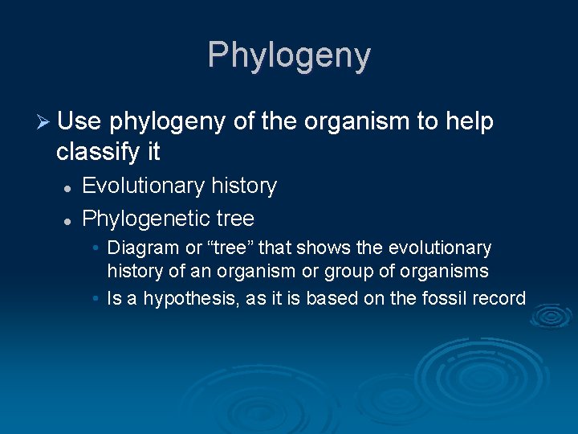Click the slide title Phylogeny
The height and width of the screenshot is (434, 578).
[289, 55]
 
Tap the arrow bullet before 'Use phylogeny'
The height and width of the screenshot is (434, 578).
[44, 122]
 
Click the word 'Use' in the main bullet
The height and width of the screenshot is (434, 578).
[79, 122]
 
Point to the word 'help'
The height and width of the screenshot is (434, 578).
[467, 122]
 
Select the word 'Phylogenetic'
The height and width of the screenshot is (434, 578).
[144, 219]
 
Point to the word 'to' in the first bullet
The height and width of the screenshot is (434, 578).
[425, 122]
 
